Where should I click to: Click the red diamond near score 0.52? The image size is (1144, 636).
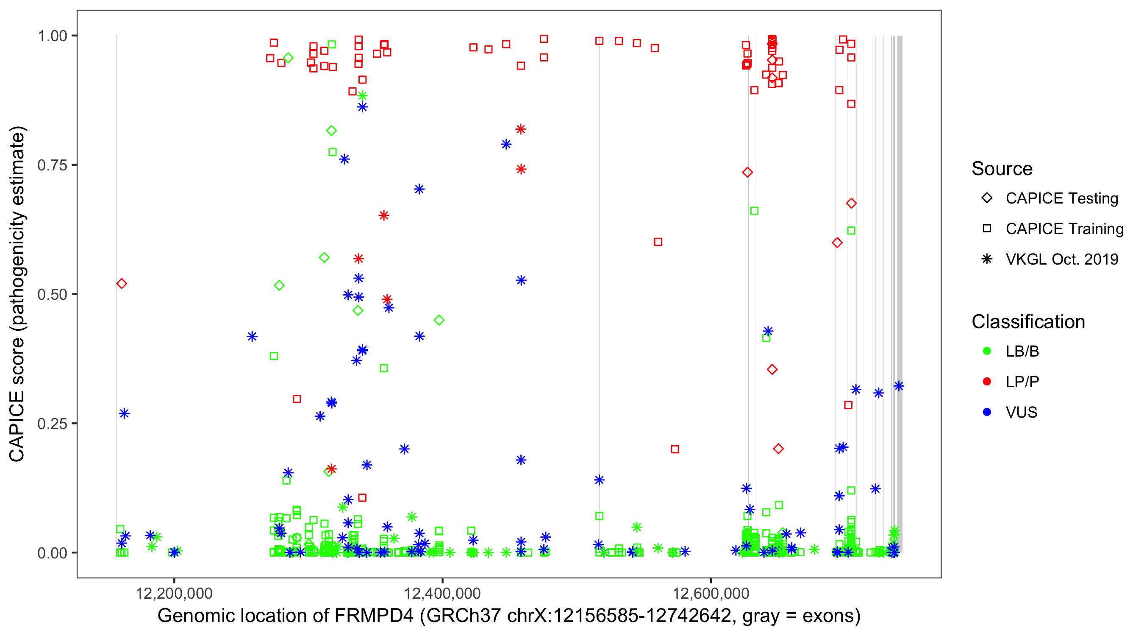pyautogui.click(x=121, y=284)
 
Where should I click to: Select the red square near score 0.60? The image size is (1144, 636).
pyautogui.click(x=658, y=242)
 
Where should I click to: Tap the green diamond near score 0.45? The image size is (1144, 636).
pyautogui.click(x=439, y=320)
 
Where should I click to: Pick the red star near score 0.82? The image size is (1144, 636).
pyautogui.click(x=521, y=129)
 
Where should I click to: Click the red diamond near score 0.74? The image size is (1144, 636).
pyautogui.click(x=747, y=173)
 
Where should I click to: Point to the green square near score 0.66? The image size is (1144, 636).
pyautogui.click(x=754, y=211)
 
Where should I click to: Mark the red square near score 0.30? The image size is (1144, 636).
pyautogui.click(x=297, y=399)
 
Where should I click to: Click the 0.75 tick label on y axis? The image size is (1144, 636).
pyautogui.click(x=52, y=165)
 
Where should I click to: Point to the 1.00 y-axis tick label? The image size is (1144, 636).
pyautogui.click(x=52, y=36)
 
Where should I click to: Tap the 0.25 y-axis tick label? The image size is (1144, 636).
pyautogui.click(x=52, y=424)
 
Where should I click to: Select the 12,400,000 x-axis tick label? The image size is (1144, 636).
pyautogui.click(x=442, y=593)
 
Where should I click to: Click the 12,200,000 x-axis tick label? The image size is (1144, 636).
pyautogui.click(x=174, y=593)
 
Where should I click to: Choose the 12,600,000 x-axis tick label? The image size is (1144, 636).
pyautogui.click(x=711, y=593)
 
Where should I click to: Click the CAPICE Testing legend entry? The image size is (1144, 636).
pyautogui.click(x=1061, y=198)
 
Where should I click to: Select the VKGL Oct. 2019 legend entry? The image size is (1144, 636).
pyautogui.click(x=1061, y=259)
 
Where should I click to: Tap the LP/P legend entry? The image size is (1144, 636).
pyautogui.click(x=1022, y=382)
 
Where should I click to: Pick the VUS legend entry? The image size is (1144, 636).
pyautogui.click(x=1021, y=413)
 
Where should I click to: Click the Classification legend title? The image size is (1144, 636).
pyautogui.click(x=1028, y=322)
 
